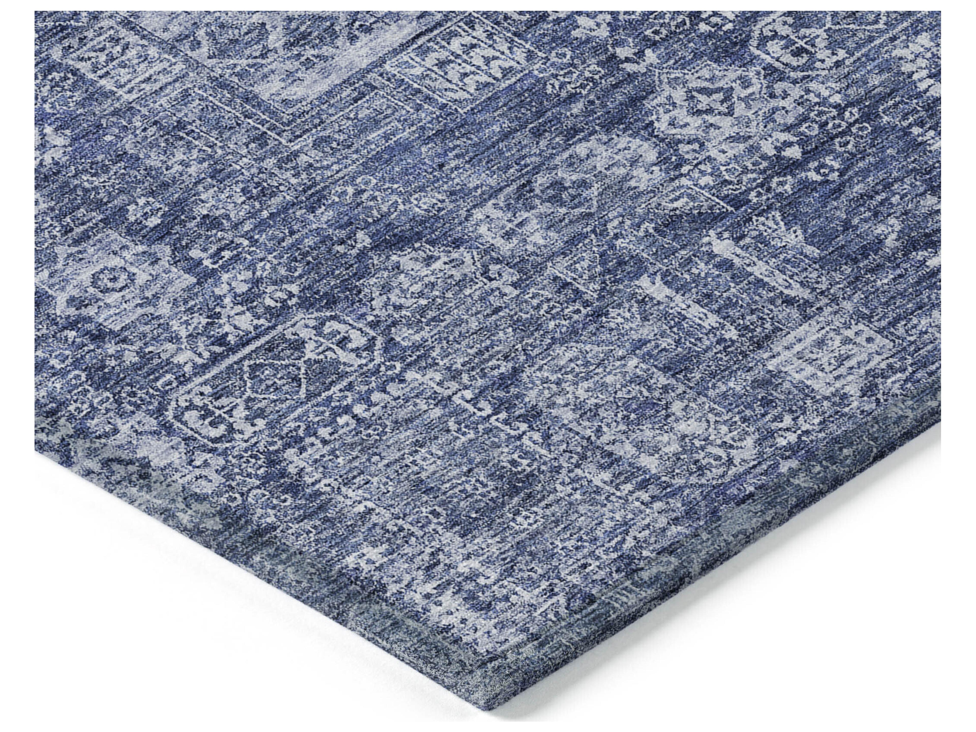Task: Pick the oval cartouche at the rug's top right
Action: [790, 49]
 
